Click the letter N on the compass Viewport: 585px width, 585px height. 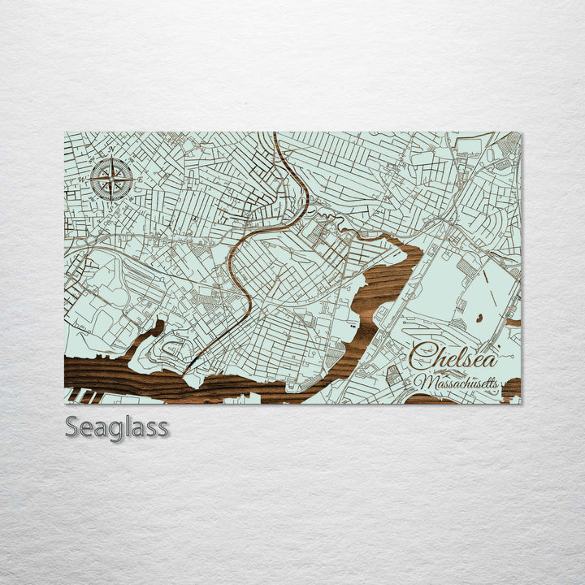[112, 150]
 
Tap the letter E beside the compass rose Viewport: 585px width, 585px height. [140, 180]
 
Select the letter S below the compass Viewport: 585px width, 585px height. [111, 205]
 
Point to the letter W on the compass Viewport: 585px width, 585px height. [81, 179]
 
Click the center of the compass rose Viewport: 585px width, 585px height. [112, 179]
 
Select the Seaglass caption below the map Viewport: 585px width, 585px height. [117, 427]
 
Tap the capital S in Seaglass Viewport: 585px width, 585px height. [73, 427]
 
